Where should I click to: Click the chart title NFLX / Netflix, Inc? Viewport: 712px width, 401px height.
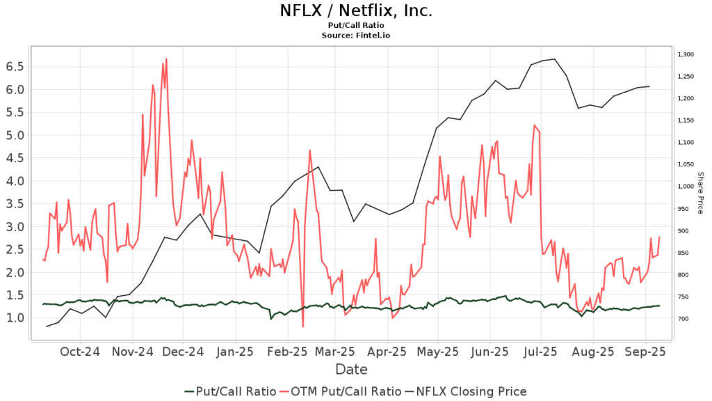pyautogui.click(x=355, y=11)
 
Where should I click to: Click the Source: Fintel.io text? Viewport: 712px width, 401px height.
pyautogui.click(x=355, y=34)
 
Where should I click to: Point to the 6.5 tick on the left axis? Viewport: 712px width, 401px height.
pyautogui.click(x=15, y=66)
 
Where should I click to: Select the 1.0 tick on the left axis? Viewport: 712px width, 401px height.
pyautogui.click(x=15, y=318)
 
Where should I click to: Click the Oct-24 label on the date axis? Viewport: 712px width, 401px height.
pyautogui.click(x=81, y=352)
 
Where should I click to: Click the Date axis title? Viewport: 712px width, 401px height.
pyautogui.click(x=351, y=369)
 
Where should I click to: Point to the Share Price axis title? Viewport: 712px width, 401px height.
pyautogui.click(x=700, y=193)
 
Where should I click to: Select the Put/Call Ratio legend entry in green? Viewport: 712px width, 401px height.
pyautogui.click(x=230, y=391)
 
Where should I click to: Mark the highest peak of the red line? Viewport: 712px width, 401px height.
pyautogui.click(x=166, y=59)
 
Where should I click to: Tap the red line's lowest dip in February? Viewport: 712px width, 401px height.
pyautogui.click(x=303, y=326)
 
